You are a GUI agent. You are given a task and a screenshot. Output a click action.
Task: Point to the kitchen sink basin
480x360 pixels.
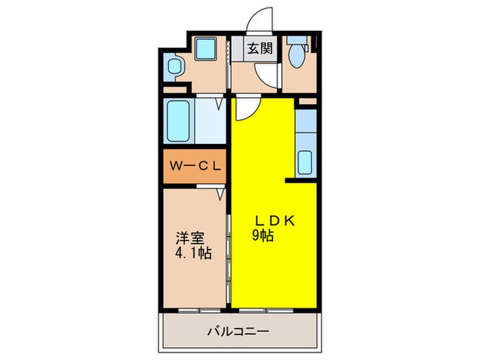305,162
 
